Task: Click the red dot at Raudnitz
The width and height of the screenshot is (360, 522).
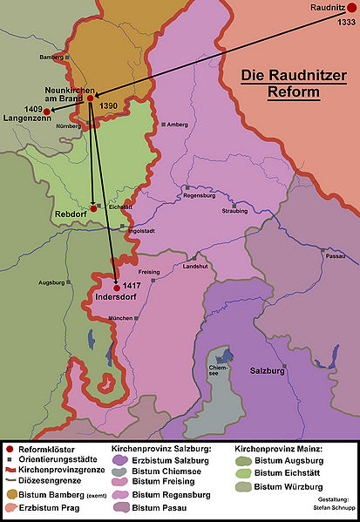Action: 351,10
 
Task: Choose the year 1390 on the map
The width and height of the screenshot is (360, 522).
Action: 108,105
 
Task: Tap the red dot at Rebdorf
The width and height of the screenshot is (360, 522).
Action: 93,208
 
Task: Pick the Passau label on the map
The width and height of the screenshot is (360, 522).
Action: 332,258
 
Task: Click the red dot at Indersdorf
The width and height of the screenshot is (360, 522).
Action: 117,287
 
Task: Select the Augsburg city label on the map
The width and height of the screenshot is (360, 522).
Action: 52,282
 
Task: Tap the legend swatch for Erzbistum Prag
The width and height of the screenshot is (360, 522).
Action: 11,508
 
